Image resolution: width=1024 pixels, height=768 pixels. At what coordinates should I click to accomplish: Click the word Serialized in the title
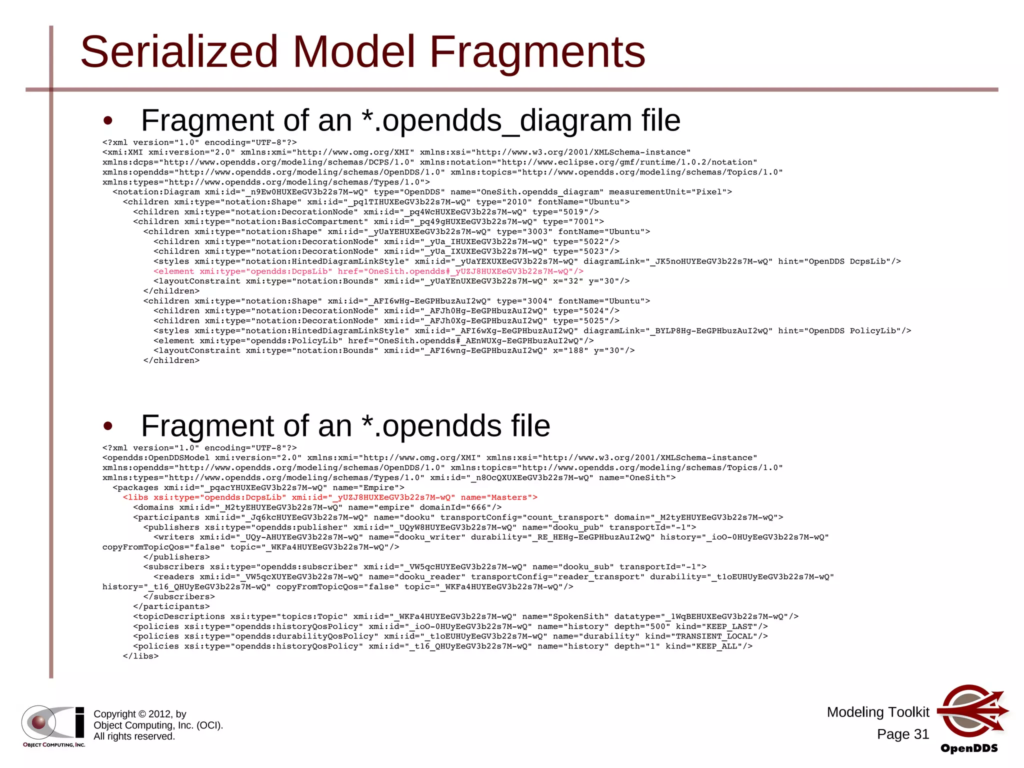pos(178,51)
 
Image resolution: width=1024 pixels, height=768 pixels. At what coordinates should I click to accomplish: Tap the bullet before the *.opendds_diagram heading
pos(107,121)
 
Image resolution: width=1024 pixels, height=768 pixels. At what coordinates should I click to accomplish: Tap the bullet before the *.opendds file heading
pos(107,426)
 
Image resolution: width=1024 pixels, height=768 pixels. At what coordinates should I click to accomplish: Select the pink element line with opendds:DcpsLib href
pos(368,271)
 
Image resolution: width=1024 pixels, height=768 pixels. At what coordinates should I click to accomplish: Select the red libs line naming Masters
pos(330,497)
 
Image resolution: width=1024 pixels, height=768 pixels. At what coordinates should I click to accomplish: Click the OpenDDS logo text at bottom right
pos(968,748)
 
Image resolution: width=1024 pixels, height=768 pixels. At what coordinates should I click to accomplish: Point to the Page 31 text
pos(902,734)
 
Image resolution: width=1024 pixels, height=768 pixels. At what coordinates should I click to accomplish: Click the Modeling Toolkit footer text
pos(877,712)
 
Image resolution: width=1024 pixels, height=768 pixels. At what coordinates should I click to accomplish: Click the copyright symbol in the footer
pos(142,714)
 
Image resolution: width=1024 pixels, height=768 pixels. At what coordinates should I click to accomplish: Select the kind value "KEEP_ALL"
pos(719,646)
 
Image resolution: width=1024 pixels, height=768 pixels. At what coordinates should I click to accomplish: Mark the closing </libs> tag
pos(140,656)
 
